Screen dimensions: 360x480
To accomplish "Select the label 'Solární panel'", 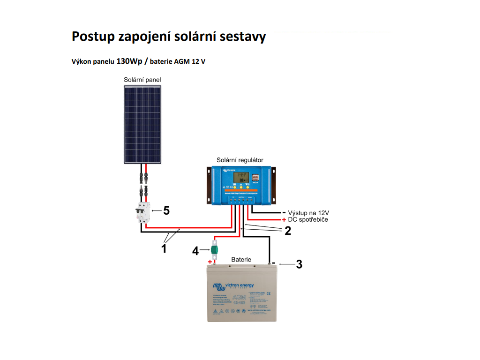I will click(142, 80).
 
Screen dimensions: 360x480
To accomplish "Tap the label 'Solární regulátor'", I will click(240, 160).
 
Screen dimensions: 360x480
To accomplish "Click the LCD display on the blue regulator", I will click(241, 178).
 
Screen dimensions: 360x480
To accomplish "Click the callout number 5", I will click(166, 211).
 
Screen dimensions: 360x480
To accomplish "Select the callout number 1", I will click(164, 249).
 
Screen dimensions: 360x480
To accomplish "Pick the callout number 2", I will click(288, 231).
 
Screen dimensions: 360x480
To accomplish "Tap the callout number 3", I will click(299, 264).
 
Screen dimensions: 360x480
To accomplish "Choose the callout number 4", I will click(195, 251).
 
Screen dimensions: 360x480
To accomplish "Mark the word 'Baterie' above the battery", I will click(241, 259).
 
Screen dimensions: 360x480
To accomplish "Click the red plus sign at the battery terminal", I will click(210, 262).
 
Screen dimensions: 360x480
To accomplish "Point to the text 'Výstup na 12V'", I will click(308, 213).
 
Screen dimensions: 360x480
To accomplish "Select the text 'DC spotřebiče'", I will click(308, 219).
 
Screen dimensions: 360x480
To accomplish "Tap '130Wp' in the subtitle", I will click(129, 61).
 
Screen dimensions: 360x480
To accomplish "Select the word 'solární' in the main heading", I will click(200, 37).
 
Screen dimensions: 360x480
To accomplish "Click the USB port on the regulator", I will click(255, 178).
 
